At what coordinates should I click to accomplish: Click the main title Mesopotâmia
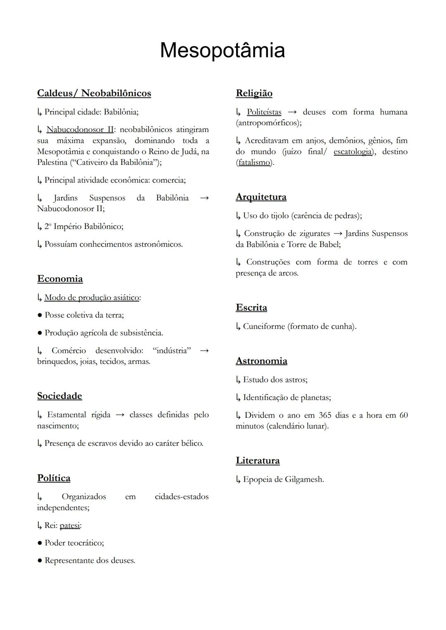point(222,50)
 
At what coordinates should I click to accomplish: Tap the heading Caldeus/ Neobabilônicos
point(94,93)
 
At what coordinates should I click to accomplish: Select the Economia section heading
point(60,279)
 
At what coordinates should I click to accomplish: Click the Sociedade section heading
point(59,396)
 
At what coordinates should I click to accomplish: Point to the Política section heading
point(54,478)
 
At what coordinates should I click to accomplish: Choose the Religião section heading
point(254,93)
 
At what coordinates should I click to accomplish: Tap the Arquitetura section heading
point(261,197)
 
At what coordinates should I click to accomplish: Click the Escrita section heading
point(251,308)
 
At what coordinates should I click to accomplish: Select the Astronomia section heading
point(261,361)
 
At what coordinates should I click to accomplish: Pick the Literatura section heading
point(258,461)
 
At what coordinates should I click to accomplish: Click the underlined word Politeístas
point(264,112)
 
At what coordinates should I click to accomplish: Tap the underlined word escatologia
point(352,152)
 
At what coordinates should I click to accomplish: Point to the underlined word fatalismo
point(254,162)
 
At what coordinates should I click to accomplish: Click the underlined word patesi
point(70,525)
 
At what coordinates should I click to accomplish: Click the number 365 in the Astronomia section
point(325,415)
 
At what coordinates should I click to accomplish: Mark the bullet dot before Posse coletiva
point(40,315)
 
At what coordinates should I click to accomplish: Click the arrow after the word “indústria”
point(204,351)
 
